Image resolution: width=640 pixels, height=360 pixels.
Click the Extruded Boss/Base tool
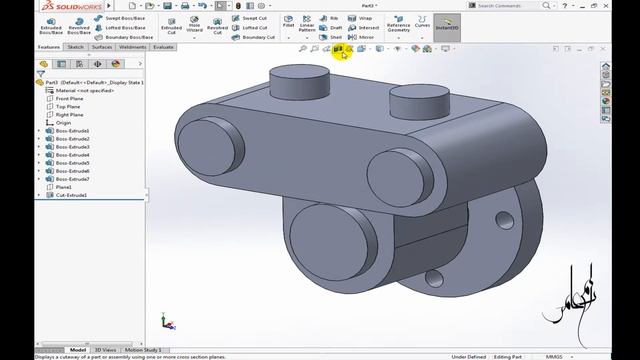(49, 23)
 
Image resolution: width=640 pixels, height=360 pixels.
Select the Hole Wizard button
(194, 23)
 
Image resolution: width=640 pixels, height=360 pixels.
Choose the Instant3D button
(447, 23)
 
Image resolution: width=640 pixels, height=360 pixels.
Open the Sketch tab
(75, 47)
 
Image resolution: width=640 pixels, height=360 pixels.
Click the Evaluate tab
(163, 47)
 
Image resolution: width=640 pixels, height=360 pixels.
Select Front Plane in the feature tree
(69, 99)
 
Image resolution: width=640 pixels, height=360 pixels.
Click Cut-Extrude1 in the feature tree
(71, 195)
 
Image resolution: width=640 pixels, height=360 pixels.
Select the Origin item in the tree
(63, 123)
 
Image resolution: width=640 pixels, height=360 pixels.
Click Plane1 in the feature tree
(64, 187)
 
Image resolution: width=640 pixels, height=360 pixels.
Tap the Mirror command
(364, 37)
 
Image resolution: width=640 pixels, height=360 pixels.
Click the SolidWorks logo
(29, 5)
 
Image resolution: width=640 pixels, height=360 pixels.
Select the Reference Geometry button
(398, 24)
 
